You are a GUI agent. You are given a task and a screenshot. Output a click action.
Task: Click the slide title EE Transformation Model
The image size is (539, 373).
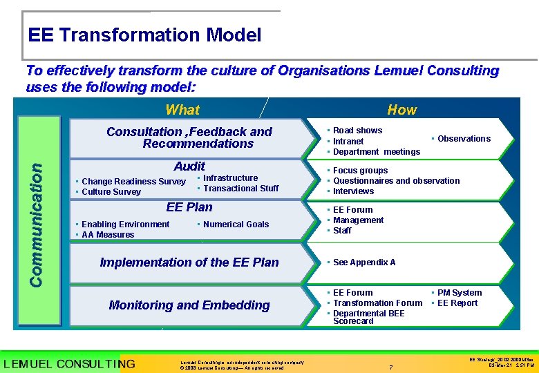click(144, 35)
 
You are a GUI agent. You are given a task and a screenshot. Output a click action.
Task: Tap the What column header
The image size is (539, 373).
click(182, 110)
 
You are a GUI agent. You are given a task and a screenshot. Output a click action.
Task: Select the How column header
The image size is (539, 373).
click(401, 110)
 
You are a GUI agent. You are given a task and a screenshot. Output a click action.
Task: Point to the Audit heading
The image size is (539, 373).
click(189, 166)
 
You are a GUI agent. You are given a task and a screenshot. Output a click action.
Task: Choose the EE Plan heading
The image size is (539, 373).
click(189, 207)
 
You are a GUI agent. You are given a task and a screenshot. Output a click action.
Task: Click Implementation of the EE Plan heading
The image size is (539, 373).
click(189, 262)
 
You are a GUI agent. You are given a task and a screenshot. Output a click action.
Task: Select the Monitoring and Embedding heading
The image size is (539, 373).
click(189, 305)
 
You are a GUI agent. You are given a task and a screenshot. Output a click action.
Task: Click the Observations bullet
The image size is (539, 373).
click(463, 139)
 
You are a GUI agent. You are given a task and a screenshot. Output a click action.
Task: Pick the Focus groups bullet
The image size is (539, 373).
click(360, 171)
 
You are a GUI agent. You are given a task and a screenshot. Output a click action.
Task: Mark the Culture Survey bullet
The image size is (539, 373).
click(111, 192)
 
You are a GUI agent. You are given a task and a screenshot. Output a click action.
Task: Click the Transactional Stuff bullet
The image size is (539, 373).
click(240, 188)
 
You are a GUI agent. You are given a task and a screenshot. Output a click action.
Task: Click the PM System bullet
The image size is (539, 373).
click(459, 293)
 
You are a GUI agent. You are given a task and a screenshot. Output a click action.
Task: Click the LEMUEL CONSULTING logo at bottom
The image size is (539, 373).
click(68, 363)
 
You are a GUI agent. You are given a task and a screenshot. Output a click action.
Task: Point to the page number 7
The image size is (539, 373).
click(391, 367)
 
